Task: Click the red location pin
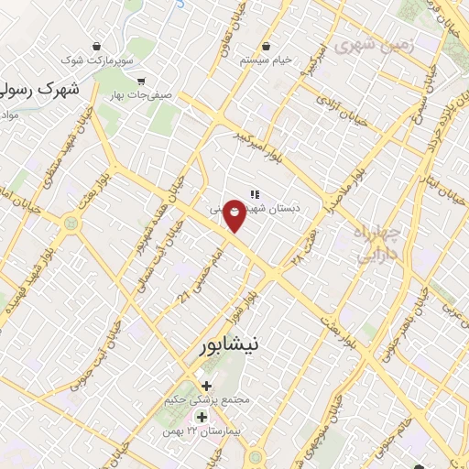click(x=234, y=214)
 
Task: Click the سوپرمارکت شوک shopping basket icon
click(x=97, y=47)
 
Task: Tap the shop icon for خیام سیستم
click(x=266, y=45)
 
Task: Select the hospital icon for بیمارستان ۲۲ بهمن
click(x=202, y=418)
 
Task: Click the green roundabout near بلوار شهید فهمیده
click(x=70, y=222)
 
